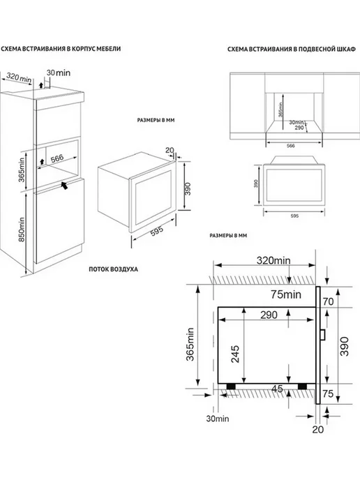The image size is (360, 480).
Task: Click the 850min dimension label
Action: pyautogui.click(x=21, y=230)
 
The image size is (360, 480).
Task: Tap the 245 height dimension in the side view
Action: pyautogui.click(x=235, y=354)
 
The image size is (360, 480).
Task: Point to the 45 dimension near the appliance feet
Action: pyautogui.click(x=277, y=389)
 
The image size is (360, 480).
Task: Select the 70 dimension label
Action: pyautogui.click(x=328, y=301)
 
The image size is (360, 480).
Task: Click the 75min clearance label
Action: pyautogui.click(x=285, y=294)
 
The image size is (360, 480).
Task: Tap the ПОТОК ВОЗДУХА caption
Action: pyautogui.click(x=113, y=269)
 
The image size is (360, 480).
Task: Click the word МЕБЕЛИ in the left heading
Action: pyautogui.click(x=110, y=49)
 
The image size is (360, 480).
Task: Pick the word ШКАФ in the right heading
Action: pyautogui.click(x=348, y=49)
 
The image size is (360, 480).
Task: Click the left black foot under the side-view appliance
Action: pyautogui.click(x=231, y=387)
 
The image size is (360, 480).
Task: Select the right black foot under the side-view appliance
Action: pyautogui.click(x=303, y=387)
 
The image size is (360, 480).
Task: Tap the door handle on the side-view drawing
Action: pyautogui.click(x=322, y=335)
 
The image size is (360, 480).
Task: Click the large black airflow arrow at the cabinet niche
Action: pyautogui.click(x=64, y=185)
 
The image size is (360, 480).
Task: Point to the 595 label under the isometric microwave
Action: pyautogui.click(x=157, y=232)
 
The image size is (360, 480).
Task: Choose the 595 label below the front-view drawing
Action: pyautogui.click(x=294, y=216)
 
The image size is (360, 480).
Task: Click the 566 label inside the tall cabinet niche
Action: pyautogui.click(x=57, y=158)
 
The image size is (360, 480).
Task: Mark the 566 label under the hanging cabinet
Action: pyautogui.click(x=290, y=146)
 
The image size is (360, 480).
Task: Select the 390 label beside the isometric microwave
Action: pyautogui.click(x=188, y=189)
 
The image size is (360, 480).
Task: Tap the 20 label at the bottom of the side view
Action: pyautogui.click(x=317, y=429)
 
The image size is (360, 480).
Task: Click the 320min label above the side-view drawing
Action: pyautogui.click(x=273, y=260)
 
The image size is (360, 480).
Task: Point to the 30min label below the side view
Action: pyautogui.click(x=218, y=419)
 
